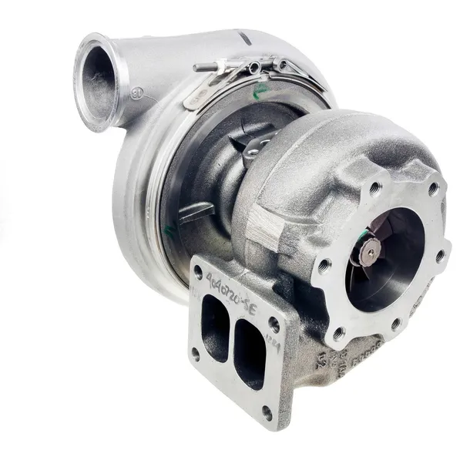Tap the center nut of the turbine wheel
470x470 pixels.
tap(373, 249)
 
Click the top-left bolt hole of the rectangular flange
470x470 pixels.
tap(199, 272)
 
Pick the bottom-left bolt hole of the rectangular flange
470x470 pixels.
tap(195, 354)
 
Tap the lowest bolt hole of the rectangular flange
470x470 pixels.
tap(267, 412)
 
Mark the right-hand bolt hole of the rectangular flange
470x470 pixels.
tap(274, 324)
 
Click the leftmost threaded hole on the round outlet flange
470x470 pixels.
tap(324, 267)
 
